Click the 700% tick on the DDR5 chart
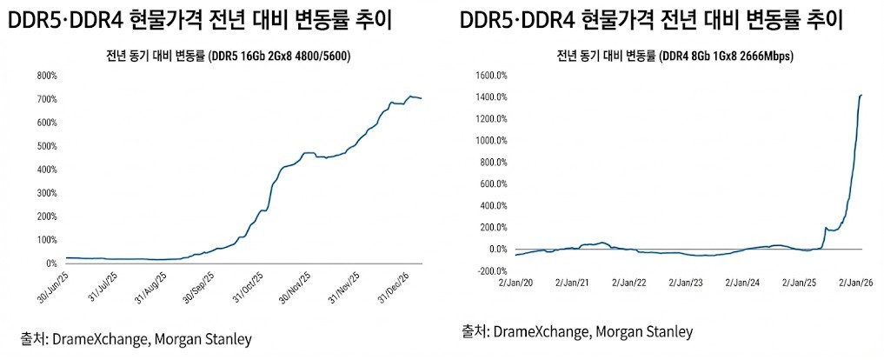[46, 99]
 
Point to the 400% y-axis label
[46, 170]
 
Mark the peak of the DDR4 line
[861, 95]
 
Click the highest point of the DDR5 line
[410, 96]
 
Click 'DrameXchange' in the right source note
[540, 331]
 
